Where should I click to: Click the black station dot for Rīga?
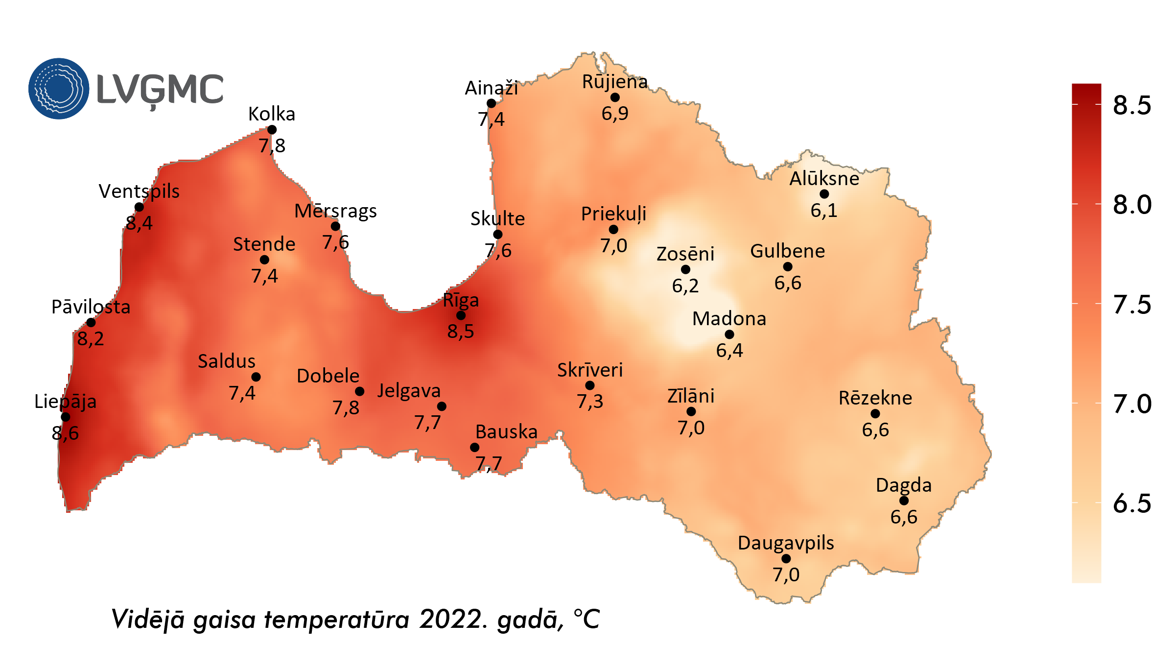[x=461, y=315]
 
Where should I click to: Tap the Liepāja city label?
[x=65, y=402]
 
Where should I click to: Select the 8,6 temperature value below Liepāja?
[x=65, y=433]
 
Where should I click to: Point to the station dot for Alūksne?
[x=824, y=194]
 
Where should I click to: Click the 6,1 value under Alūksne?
[x=824, y=211]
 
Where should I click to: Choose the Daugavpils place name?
[x=786, y=543]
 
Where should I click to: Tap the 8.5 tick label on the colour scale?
[x=1132, y=105]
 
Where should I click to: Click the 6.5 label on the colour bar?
[x=1132, y=503]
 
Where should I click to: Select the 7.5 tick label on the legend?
[x=1132, y=304]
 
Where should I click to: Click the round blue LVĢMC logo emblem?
[x=59, y=89]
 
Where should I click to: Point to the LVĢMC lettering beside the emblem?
[x=160, y=90]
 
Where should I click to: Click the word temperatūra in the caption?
[x=337, y=619]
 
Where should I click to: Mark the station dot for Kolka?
[x=272, y=130]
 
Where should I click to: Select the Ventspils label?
[x=139, y=191]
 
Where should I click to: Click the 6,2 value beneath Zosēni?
[x=685, y=286]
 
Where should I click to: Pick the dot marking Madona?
[x=729, y=334]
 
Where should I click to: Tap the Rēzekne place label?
[x=875, y=398]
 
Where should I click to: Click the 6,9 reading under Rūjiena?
[x=615, y=114]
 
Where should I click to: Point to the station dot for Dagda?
[x=904, y=501]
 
